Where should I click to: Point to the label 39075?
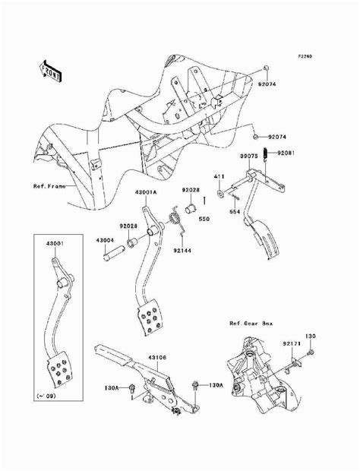(x=250, y=155)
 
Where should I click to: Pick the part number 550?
(x=204, y=218)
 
